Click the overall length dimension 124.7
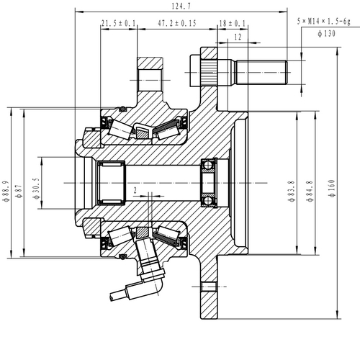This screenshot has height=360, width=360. click(181, 7)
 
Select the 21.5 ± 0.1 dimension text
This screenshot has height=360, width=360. click(119, 24)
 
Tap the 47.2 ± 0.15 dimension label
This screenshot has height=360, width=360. click(176, 24)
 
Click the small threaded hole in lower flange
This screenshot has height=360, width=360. click(208, 288)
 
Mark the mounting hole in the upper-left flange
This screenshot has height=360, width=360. click(150, 75)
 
